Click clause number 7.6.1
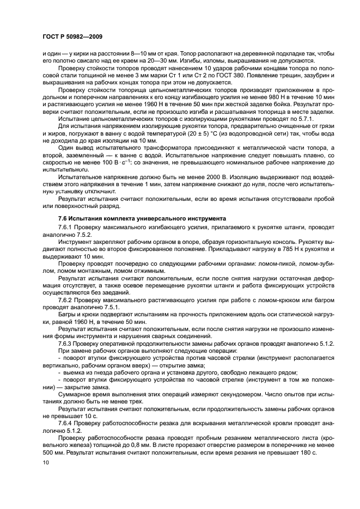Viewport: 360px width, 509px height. click(66, 226)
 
